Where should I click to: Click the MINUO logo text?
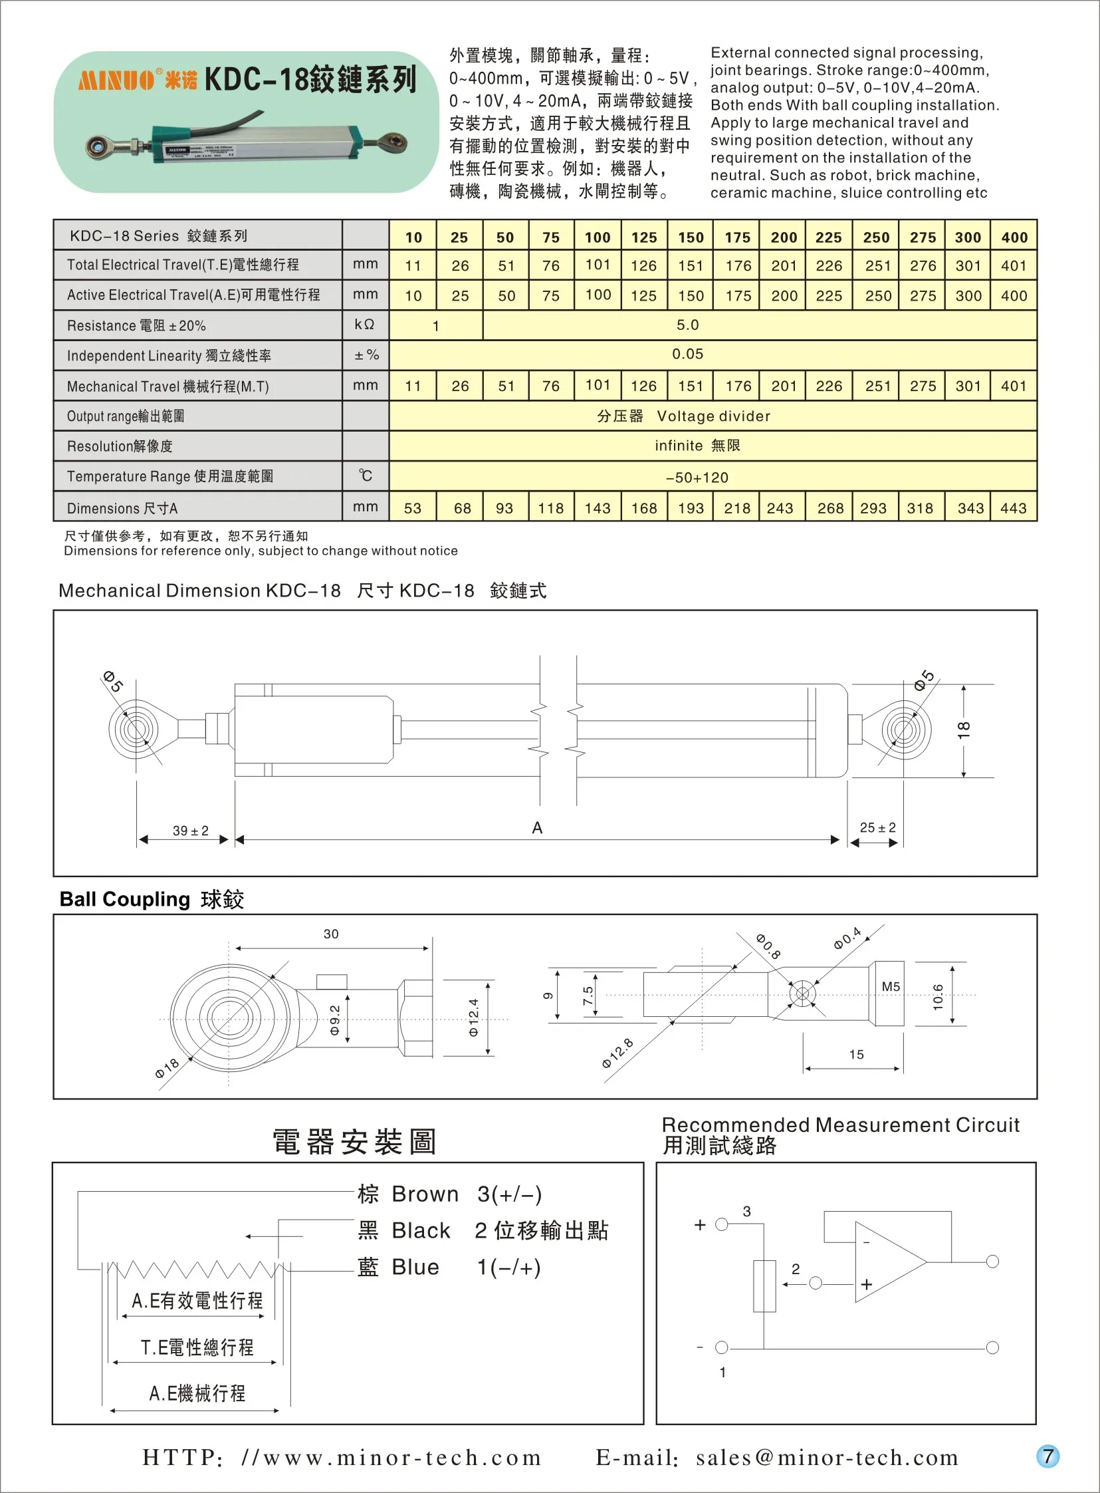pyautogui.click(x=116, y=80)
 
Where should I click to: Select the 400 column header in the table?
pyautogui.click(x=1014, y=237)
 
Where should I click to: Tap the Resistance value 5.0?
pyautogui.click(x=687, y=325)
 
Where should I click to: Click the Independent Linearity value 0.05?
pyautogui.click(x=687, y=354)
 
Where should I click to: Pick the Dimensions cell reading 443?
pyautogui.click(x=1013, y=508)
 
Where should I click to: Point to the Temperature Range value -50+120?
pyautogui.click(x=697, y=477)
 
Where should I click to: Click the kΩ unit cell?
pyautogui.click(x=364, y=325)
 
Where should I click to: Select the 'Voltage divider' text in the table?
pyautogui.click(x=713, y=416)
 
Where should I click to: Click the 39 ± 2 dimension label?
pyautogui.click(x=191, y=831)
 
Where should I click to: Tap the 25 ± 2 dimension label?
pyautogui.click(x=877, y=827)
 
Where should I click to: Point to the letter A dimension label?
pyautogui.click(x=537, y=828)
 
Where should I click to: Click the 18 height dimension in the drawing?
pyautogui.click(x=964, y=730)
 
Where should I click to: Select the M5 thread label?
pyautogui.click(x=890, y=987)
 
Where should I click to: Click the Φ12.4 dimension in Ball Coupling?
pyautogui.click(x=473, y=1018)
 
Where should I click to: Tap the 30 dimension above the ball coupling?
pyautogui.click(x=331, y=934)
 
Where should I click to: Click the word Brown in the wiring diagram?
pyautogui.click(x=425, y=1194)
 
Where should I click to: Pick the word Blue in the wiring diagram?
pyautogui.click(x=415, y=1267)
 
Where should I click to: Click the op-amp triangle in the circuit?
pyautogui.click(x=885, y=1262)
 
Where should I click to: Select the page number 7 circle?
pyautogui.click(x=1047, y=1456)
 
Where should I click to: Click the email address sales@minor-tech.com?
pyautogui.click(x=827, y=1458)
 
